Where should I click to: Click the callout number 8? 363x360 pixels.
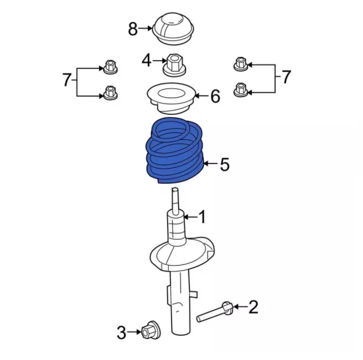(133, 29)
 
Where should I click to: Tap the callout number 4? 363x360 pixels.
(147, 60)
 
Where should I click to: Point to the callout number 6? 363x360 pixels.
(215, 96)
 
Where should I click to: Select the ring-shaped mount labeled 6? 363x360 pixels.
(171, 98)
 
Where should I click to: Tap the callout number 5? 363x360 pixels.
(225, 164)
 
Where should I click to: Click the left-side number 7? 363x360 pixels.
(67, 79)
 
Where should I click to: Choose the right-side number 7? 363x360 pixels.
(286, 77)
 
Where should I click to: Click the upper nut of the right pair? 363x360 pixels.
(241, 64)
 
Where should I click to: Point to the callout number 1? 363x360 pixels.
(202, 217)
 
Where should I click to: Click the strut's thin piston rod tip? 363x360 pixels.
(175, 190)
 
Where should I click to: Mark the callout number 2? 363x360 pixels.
(253, 307)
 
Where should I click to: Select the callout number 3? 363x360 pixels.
(122, 332)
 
